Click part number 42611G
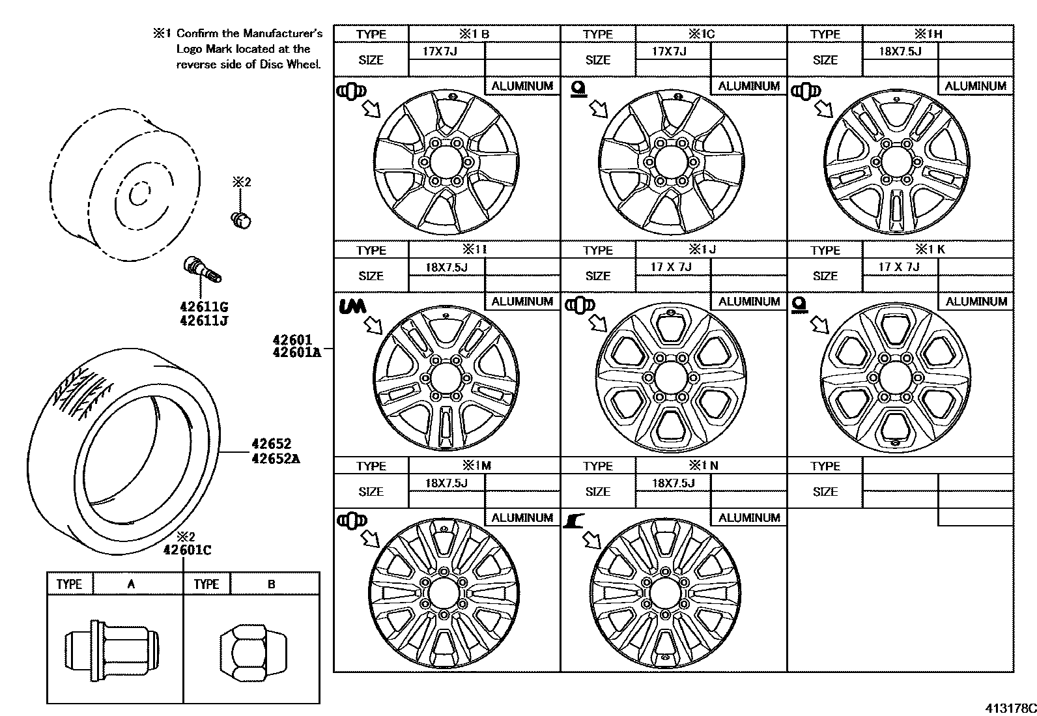pos(203,307)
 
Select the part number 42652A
pos(276,458)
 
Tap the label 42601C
pos(187,550)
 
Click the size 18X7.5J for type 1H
pos(900,51)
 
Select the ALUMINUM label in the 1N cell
pos(748,518)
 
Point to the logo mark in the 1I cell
pos(353,306)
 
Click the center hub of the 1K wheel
pos(894,378)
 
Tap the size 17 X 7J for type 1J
pos(671,266)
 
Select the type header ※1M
pos(476,466)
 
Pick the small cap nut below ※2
pos(242,220)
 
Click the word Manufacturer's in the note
pos(282,33)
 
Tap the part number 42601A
pos(296,353)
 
